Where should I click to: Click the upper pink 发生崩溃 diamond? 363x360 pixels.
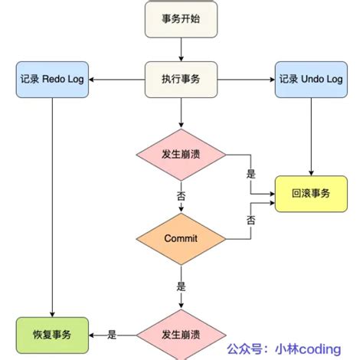[x=181, y=154]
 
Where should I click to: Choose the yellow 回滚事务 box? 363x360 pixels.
[x=311, y=194]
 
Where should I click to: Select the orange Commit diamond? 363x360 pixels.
[x=181, y=238]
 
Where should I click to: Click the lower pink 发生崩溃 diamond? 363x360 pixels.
[x=181, y=335]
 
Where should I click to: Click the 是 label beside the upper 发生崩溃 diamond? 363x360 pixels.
[x=250, y=173]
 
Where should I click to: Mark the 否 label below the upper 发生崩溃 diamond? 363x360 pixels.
[x=181, y=196]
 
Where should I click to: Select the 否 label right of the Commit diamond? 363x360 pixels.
[x=250, y=219]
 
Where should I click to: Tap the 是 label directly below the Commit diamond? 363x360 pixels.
[x=181, y=286]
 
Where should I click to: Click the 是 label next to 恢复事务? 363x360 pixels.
[x=112, y=334]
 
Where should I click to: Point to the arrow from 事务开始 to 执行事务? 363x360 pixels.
[x=181, y=50]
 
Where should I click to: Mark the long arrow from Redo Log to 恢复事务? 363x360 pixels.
[x=51, y=207]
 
